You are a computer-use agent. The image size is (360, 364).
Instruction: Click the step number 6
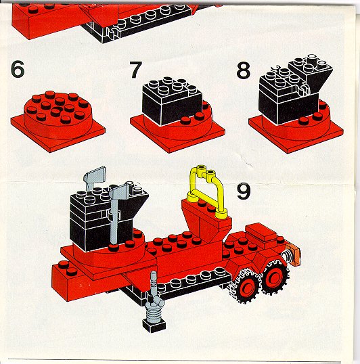click(18, 69)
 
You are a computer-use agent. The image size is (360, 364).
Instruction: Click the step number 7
click(135, 70)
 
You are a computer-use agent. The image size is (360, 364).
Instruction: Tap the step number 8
click(243, 70)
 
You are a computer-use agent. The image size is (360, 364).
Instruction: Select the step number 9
click(244, 191)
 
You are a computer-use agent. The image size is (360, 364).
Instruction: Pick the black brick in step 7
click(173, 101)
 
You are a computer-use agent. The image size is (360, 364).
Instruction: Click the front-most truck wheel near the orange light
click(275, 277)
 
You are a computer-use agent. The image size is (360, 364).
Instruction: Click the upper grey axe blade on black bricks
click(94, 177)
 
